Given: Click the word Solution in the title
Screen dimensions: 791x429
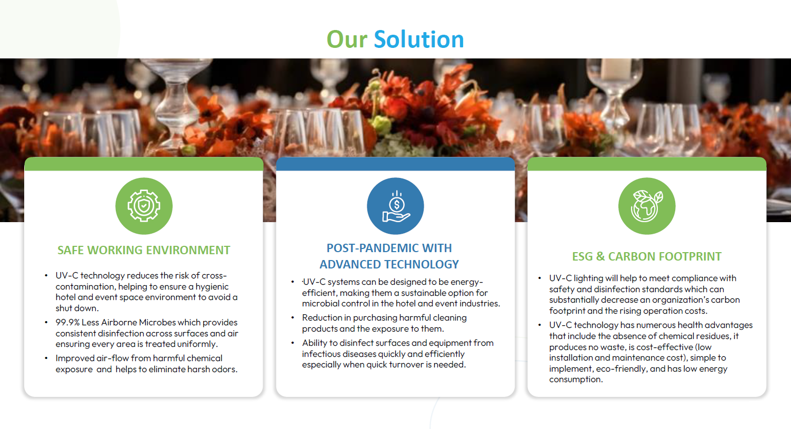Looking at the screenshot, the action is pyautogui.click(x=418, y=39).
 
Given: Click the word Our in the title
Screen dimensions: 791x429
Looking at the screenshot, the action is pyautogui.click(x=347, y=39).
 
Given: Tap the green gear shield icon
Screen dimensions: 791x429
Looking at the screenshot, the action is pyautogui.click(x=144, y=206).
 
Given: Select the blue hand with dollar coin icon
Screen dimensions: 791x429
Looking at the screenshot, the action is pyautogui.click(x=396, y=206).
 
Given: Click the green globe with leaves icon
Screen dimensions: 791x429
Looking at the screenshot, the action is pyautogui.click(x=647, y=206).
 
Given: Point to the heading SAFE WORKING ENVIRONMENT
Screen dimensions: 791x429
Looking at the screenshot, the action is pyautogui.click(x=144, y=250).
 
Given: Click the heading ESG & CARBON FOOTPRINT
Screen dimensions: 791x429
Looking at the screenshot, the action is pyautogui.click(x=647, y=256).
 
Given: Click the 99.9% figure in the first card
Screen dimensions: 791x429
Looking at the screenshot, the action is pyautogui.click(x=67, y=322).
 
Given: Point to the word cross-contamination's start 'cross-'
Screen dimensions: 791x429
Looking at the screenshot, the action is pyautogui.click(x=214, y=275).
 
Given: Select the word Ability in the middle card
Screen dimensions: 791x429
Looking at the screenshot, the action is pyautogui.click(x=314, y=343).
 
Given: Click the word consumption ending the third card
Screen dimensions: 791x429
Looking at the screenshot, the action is pyautogui.click(x=576, y=380).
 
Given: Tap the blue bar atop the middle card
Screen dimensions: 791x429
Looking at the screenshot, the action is pyautogui.click(x=396, y=164).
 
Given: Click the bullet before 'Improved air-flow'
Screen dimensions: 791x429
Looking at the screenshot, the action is pyautogui.click(x=46, y=358).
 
